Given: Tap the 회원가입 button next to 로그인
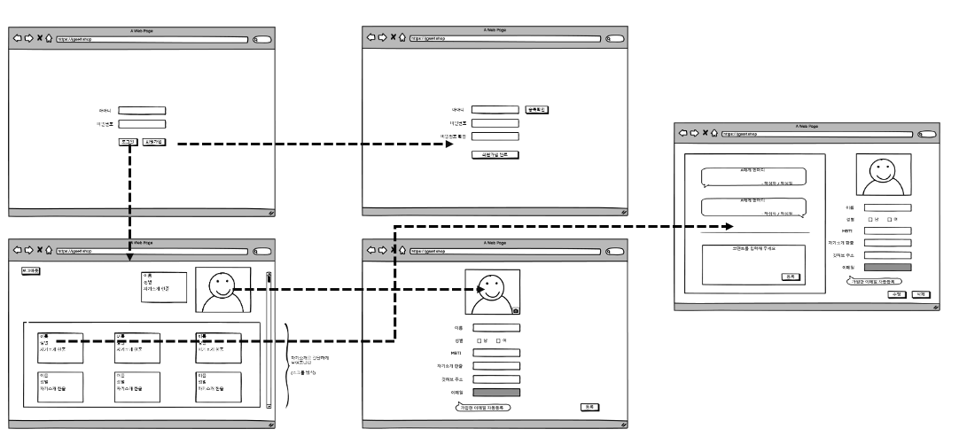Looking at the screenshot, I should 154,142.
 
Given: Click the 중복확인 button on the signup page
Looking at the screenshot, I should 537,110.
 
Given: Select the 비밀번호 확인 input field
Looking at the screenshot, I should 495,137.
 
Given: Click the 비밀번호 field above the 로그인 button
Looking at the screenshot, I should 142,124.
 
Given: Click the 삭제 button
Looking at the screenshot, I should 920,293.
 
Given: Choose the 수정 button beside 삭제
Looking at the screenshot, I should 897,293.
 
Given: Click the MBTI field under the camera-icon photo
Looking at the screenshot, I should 495,353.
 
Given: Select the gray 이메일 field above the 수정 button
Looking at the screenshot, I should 887,266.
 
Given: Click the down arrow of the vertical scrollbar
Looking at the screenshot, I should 269,405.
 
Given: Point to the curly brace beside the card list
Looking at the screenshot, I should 286,364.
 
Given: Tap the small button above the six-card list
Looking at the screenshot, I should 31,272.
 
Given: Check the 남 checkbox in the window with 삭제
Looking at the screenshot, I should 871,219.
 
